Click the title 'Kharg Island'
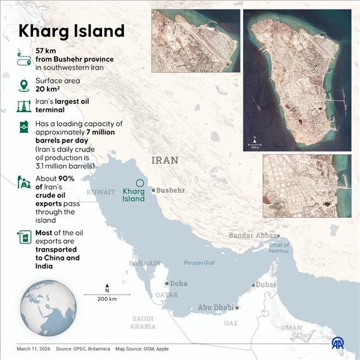coord(71,30)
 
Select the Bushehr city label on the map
coord(170,190)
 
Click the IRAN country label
coord(165,160)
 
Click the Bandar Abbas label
coord(254,236)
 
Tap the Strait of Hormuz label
coord(279,248)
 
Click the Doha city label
coord(178,283)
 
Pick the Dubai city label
coord(266,285)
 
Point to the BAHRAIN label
coord(145,262)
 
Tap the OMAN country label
coord(291,328)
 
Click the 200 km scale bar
coord(106,295)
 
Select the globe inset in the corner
coord(44,307)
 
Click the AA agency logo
coord(338,343)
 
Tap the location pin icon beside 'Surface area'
coord(24,85)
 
